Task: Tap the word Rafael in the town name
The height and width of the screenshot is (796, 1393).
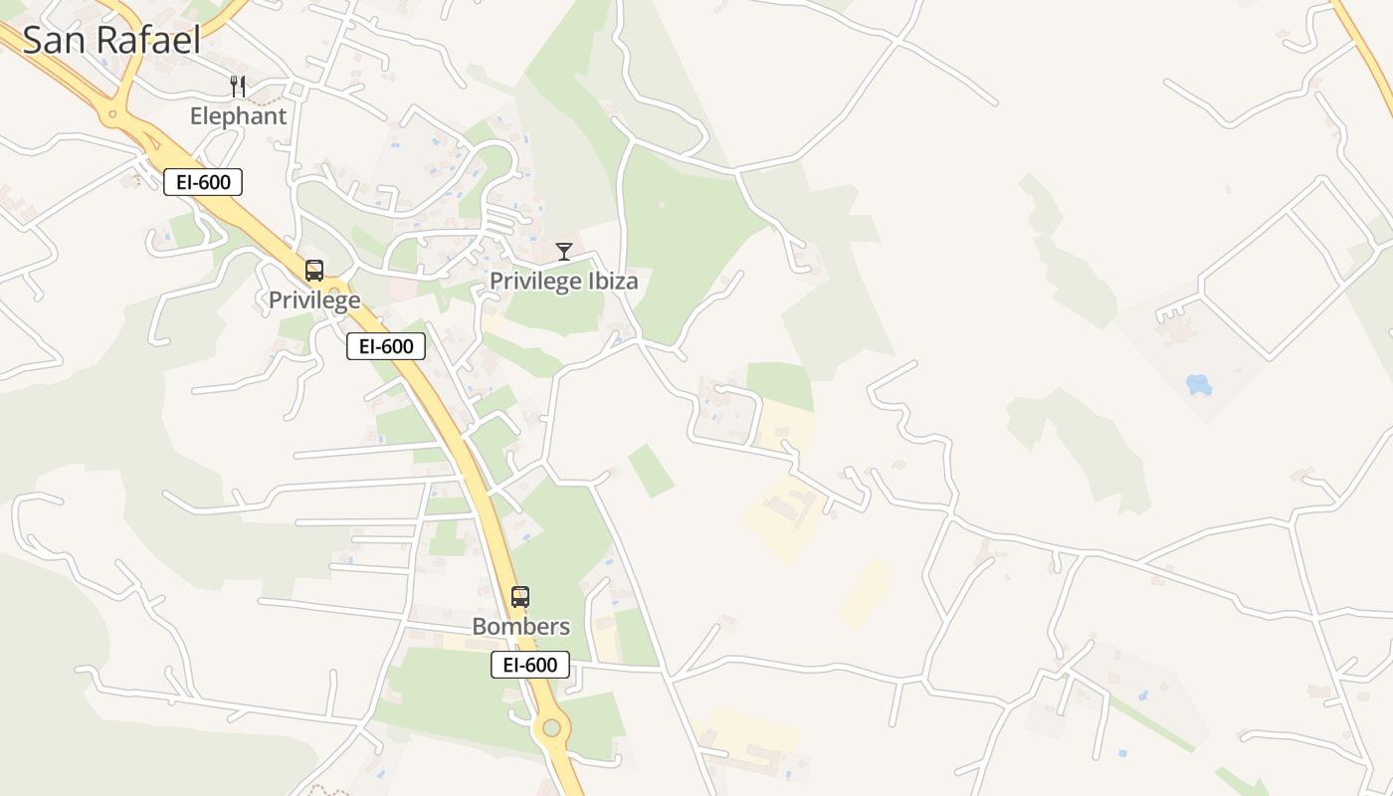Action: [145, 40]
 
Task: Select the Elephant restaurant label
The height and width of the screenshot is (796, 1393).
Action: [238, 115]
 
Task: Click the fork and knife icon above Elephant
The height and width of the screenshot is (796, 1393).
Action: [238, 87]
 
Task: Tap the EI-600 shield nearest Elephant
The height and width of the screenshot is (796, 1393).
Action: [203, 182]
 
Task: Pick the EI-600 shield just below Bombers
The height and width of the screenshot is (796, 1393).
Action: [530, 665]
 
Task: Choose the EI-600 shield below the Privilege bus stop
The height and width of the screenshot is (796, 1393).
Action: [386, 346]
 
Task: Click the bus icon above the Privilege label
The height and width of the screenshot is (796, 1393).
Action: [314, 271]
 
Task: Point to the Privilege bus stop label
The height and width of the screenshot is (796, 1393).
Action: [314, 299]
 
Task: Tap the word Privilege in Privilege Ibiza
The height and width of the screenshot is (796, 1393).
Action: [535, 282]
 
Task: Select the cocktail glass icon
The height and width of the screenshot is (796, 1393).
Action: [564, 252]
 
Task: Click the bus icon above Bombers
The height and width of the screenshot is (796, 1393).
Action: [520, 597]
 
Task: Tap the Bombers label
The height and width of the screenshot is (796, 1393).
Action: [520, 627]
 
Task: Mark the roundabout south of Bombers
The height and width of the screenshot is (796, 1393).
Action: [552, 728]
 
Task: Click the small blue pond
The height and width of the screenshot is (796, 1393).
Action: [1198, 384]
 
